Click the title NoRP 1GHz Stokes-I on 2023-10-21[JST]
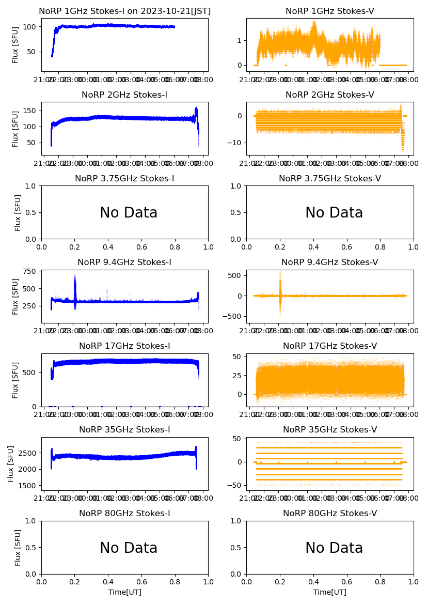coord(124,11)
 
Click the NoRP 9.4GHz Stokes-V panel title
coord(329,262)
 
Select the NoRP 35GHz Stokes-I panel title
coord(124,430)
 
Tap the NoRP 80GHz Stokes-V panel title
coord(329,514)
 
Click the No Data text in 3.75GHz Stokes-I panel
coord(129,213)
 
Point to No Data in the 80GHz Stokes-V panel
coord(334,548)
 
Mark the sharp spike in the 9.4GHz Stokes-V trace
coord(280,282)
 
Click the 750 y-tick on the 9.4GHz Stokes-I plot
coord(30,271)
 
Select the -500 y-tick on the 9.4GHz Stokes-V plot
coord(233,317)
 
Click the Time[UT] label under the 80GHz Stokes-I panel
coord(124,592)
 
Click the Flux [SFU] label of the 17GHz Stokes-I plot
coord(15,380)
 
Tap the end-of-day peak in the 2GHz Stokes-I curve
coord(196,111)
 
